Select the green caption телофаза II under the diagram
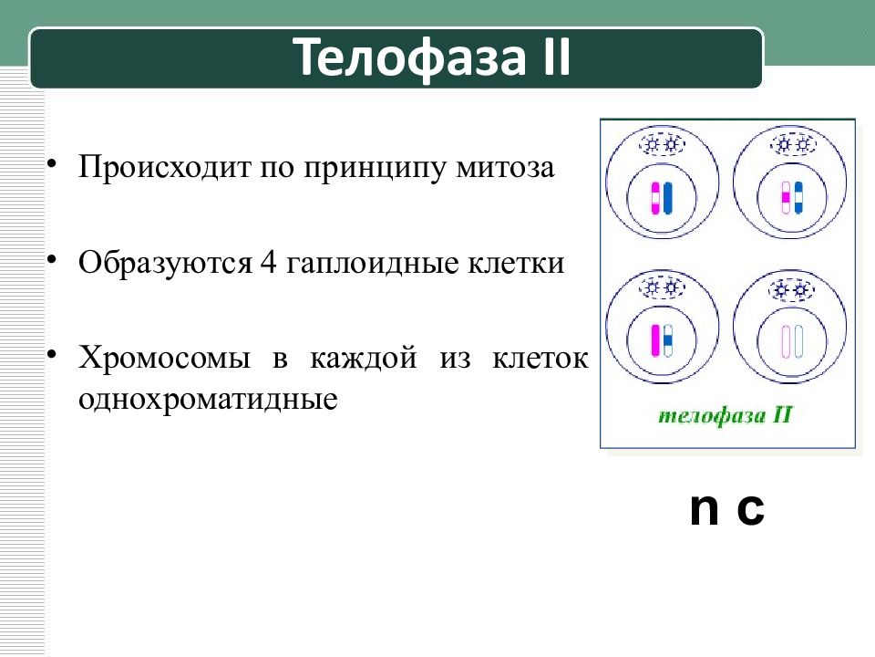click(x=726, y=416)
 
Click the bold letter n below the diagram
click(x=704, y=510)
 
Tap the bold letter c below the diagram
click(x=749, y=510)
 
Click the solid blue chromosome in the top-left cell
click(x=669, y=198)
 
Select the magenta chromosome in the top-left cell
click(x=654, y=198)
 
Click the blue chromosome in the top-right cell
click(x=798, y=197)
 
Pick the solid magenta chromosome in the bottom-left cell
click(x=654, y=340)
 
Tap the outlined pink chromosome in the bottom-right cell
click(x=784, y=341)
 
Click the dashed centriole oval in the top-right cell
click(x=791, y=144)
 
